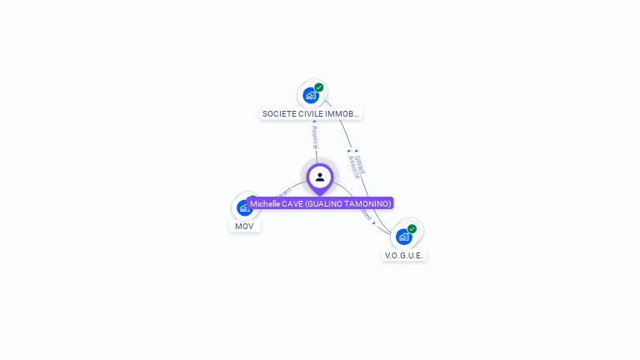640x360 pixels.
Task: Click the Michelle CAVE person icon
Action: [x=320, y=177]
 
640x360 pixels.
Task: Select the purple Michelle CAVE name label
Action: [x=320, y=203]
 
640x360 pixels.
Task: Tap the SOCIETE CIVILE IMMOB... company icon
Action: [x=311, y=95]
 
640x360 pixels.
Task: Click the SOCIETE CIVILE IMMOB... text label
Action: [x=311, y=113]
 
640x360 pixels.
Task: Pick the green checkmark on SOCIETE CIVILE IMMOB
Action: [x=319, y=87]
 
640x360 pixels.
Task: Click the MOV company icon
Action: [x=243, y=207]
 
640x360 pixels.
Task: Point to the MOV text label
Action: [x=244, y=226]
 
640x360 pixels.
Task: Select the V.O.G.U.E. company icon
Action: [x=403, y=237]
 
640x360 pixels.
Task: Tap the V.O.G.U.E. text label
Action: [x=404, y=255]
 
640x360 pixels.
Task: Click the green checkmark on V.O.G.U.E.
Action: [x=412, y=228]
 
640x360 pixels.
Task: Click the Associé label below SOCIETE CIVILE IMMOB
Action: [x=315, y=137]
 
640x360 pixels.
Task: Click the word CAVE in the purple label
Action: [x=292, y=203]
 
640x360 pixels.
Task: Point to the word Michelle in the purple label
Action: [x=266, y=203]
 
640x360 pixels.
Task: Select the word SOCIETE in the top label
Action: [x=279, y=113]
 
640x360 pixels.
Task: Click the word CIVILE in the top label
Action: [x=312, y=113]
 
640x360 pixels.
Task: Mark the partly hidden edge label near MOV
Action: [x=282, y=192]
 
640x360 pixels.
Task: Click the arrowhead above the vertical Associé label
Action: [x=314, y=122]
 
